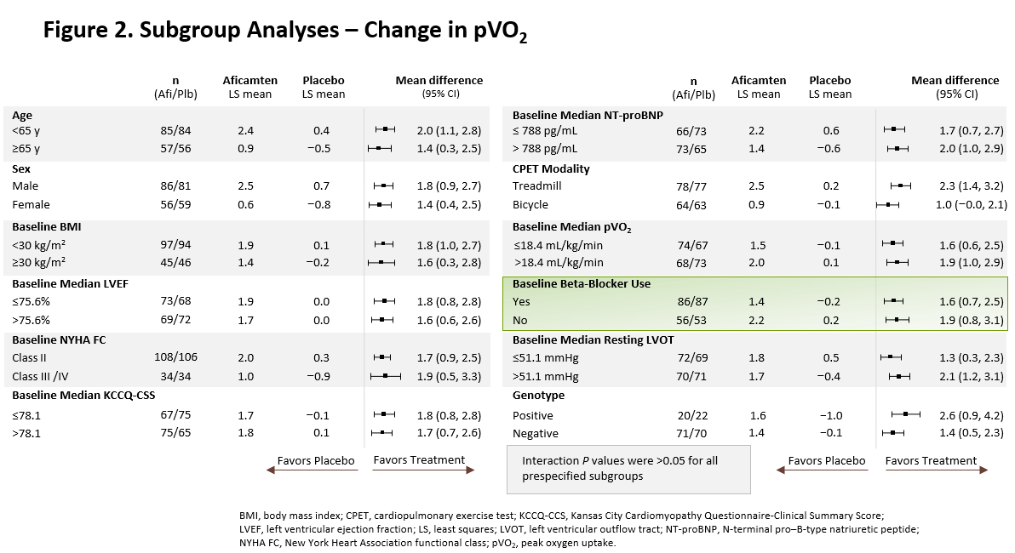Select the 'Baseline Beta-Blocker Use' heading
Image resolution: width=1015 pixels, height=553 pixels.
pos(581,283)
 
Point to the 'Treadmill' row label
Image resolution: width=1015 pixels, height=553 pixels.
pos(537,185)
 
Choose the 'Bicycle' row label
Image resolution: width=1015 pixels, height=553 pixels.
pos(530,204)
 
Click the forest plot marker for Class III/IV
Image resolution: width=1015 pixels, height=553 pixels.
pos(386,376)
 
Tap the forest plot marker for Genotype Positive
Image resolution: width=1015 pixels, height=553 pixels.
pos(905,414)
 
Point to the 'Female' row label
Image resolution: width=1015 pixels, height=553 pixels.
pos(31,204)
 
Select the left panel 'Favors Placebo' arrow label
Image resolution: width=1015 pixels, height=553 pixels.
pos(316,461)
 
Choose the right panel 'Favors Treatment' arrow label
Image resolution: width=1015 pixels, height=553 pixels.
pos(931,461)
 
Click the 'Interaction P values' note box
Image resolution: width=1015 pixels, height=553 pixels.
pos(628,468)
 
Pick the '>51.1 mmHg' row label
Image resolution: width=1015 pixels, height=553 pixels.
pos(545,376)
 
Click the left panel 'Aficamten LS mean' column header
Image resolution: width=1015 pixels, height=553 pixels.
pos(250,87)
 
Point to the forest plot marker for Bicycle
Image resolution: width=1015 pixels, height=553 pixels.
pos(888,204)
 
